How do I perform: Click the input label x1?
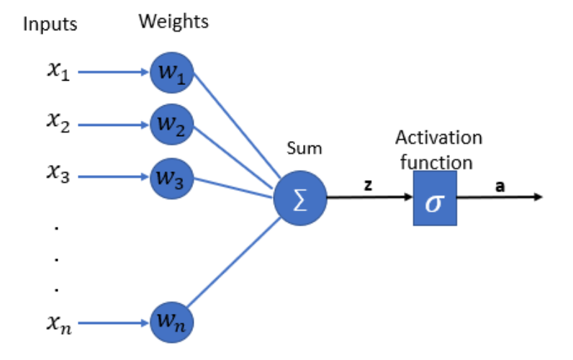(57, 73)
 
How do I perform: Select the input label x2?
(57, 125)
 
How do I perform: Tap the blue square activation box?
(435, 199)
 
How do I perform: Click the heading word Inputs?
(50, 24)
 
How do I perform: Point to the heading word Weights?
(173, 22)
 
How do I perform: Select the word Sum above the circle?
(304, 149)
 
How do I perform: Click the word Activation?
(438, 138)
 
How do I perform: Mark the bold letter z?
(368, 185)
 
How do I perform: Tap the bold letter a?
(499, 185)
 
